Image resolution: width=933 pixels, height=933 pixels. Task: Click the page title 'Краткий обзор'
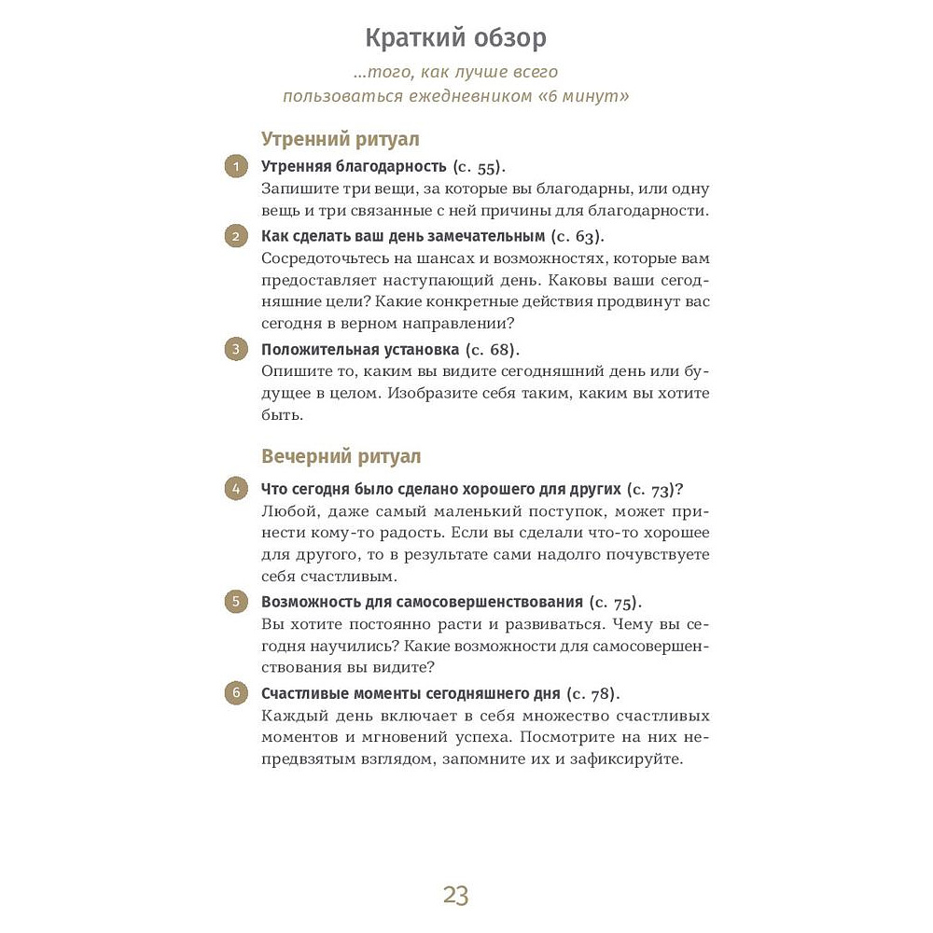(x=455, y=39)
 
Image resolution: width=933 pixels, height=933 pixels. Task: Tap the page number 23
(x=455, y=897)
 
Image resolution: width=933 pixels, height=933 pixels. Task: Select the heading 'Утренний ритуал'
(x=340, y=139)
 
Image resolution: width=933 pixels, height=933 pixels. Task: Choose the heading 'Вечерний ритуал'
(x=341, y=456)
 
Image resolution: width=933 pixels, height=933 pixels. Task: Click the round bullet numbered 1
(x=236, y=167)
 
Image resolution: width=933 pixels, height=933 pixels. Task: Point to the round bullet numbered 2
(x=236, y=235)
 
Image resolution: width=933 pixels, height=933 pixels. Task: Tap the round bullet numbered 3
(x=236, y=350)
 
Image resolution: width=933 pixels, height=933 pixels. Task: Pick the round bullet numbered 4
(x=236, y=489)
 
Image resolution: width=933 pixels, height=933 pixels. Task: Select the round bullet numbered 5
(x=236, y=602)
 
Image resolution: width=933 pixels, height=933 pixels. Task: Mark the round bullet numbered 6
(x=236, y=693)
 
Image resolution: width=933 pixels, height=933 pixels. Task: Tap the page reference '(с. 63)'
(x=578, y=235)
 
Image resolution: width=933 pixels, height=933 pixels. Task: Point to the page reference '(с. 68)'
(x=493, y=350)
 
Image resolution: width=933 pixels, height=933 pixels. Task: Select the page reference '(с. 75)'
(x=617, y=602)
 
